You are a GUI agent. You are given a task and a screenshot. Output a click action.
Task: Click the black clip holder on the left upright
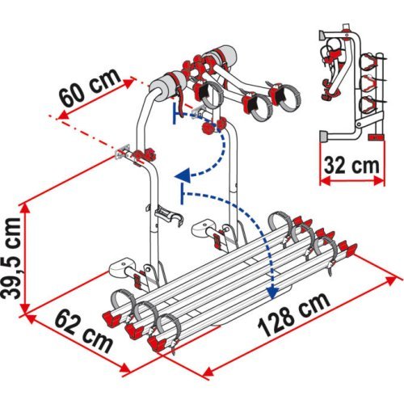166,217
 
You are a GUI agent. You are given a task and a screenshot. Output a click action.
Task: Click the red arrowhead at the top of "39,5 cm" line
27,206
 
